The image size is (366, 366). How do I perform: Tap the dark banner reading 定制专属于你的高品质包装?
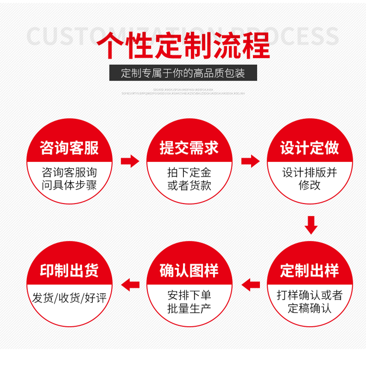pyautogui.click(x=183, y=73)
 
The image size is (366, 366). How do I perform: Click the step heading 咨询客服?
pyautogui.click(x=69, y=148)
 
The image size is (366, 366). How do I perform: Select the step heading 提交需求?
pyautogui.click(x=189, y=148)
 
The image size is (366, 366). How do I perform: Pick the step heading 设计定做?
pyautogui.click(x=310, y=148)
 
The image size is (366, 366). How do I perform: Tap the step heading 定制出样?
pyautogui.click(x=310, y=270)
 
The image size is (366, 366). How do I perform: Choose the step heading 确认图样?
pyautogui.click(x=189, y=270)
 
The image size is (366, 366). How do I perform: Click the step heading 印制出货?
pyautogui.click(x=69, y=270)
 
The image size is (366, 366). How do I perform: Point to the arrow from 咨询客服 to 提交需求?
pyautogui.click(x=129, y=161)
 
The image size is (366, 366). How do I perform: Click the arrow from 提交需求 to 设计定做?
pyautogui.click(x=250, y=161)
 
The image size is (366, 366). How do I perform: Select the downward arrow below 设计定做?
pyautogui.click(x=311, y=225)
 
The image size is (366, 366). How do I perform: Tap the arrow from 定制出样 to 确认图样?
pyautogui.click(x=250, y=285)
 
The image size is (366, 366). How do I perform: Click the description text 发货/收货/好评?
pyautogui.click(x=69, y=298)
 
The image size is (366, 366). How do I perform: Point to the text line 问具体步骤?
pyautogui.click(x=69, y=186)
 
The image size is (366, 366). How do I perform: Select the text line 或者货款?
pyautogui.click(x=189, y=186)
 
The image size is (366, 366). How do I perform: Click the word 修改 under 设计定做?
pyautogui.click(x=310, y=186)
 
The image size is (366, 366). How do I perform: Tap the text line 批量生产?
pyautogui.click(x=189, y=309)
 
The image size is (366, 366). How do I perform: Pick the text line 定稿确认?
pyautogui.click(x=310, y=309)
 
